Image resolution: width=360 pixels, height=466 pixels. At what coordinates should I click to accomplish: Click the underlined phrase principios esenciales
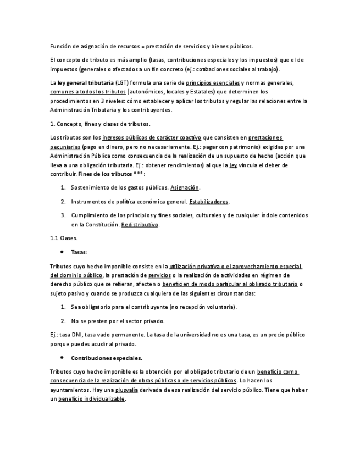pyautogui.click(x=213, y=83)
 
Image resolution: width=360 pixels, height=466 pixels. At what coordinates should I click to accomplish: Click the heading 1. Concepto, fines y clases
pyautogui.click(x=99, y=124)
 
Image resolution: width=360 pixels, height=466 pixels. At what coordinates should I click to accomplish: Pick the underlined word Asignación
pyautogui.click(x=185, y=187)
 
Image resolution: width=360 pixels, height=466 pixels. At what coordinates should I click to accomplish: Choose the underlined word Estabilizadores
pyautogui.click(x=209, y=202)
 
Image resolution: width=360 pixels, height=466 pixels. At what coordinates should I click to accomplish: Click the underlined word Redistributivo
pyautogui.click(x=140, y=225)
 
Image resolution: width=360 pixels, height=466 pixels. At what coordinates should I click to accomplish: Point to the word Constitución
pyautogui.click(x=97, y=225)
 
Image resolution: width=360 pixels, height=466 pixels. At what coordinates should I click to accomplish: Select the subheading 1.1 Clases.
pyautogui.click(x=64, y=238)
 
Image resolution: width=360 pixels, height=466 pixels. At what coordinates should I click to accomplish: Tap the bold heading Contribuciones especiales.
pyautogui.click(x=107, y=358)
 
